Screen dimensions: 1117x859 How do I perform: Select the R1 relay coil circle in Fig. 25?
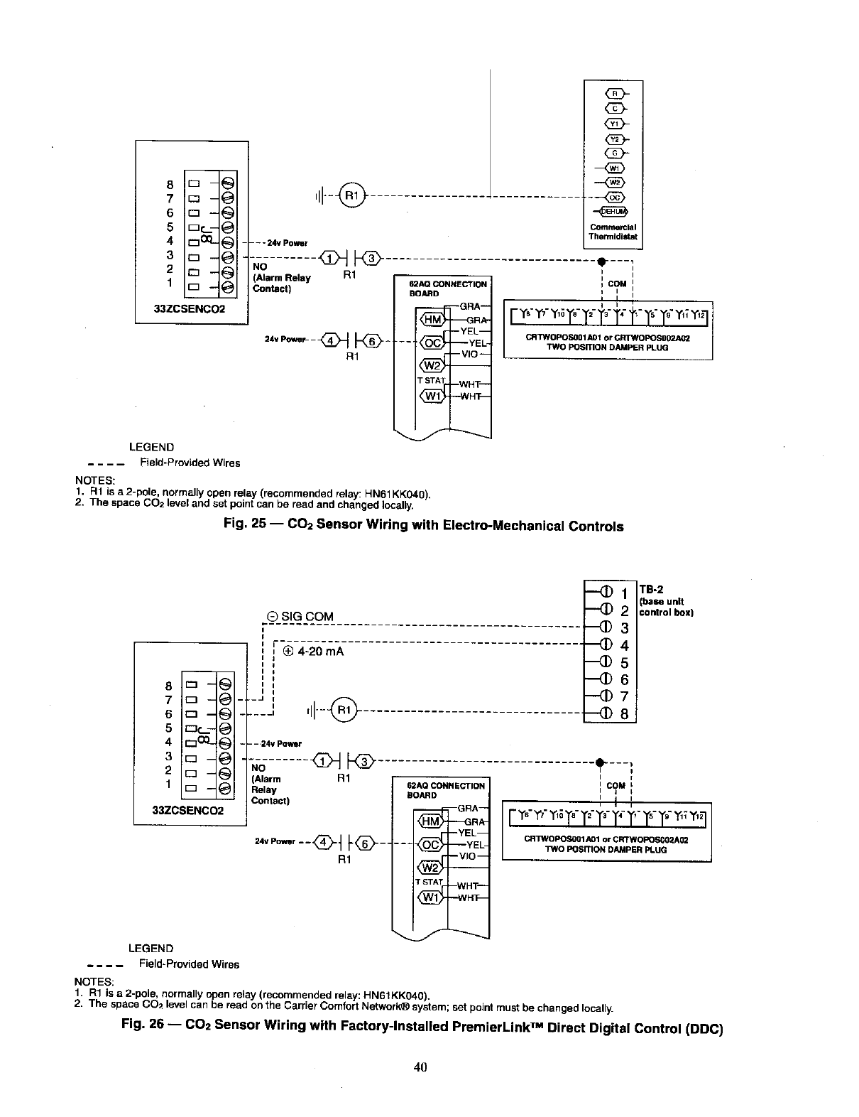pos(352,193)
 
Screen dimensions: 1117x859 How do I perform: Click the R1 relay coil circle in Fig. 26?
pos(344,709)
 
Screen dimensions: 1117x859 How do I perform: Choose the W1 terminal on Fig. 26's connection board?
pos(430,897)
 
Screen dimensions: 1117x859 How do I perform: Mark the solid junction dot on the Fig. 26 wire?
pos(601,762)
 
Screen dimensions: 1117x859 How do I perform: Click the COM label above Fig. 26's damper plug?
pos(616,785)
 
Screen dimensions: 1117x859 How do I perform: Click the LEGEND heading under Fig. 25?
pos(151,447)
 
